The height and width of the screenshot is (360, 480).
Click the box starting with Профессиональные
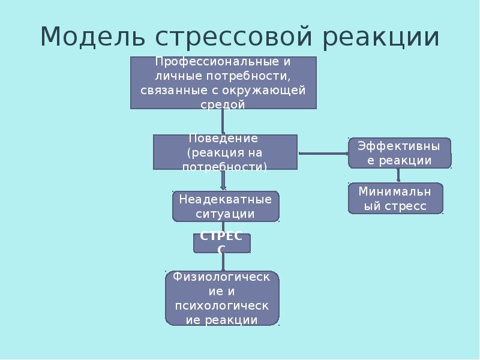pyautogui.click(x=223, y=82)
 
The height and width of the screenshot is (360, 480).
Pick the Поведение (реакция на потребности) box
pyautogui.click(x=225, y=152)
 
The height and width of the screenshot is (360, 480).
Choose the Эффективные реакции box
pyautogui.click(x=400, y=152)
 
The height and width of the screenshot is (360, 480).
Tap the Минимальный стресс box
pyautogui.click(x=396, y=199)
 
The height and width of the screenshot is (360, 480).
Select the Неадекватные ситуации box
pyautogui.click(x=225, y=206)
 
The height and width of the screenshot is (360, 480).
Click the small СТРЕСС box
pyautogui.click(x=221, y=242)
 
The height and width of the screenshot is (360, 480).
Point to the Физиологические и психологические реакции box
pyautogui.click(x=222, y=298)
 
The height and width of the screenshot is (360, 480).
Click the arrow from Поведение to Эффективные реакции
pyautogui.click(x=323, y=154)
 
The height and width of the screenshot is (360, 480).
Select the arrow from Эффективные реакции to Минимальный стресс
pyautogui.click(x=398, y=175)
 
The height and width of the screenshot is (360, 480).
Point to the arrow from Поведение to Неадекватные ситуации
pyautogui.click(x=223, y=180)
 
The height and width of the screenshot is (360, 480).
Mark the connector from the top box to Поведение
pyautogui.click(x=223, y=122)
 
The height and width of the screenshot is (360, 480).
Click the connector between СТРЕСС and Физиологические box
pyautogui.click(x=223, y=262)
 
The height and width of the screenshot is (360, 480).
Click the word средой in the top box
pyautogui.click(x=223, y=104)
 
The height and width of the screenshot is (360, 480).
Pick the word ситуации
pyautogui.click(x=225, y=214)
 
